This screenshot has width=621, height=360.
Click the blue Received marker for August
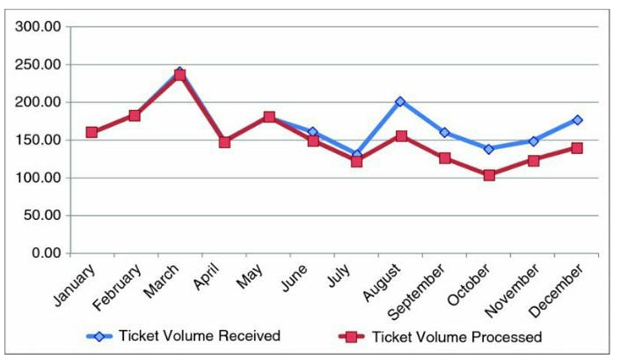tap(400, 101)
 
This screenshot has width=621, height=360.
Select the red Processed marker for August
tap(400, 136)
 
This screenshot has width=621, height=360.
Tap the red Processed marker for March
tap(179, 76)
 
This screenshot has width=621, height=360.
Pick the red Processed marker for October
tap(489, 175)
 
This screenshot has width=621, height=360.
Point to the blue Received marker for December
tap(577, 120)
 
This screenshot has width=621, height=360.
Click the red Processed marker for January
tap(91, 132)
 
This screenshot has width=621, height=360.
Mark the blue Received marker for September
tap(444, 133)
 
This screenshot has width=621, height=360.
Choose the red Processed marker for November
tap(533, 161)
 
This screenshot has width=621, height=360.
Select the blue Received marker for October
tap(489, 149)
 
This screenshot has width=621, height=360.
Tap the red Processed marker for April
tap(224, 142)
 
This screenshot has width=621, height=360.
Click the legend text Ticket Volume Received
tap(200, 335)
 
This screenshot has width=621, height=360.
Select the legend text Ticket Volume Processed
tap(457, 336)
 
